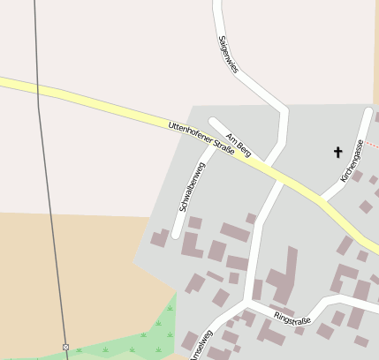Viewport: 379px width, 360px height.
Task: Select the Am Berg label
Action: [239, 144]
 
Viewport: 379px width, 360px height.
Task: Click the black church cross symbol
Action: [337, 152]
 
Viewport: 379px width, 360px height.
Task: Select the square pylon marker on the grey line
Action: [65, 347]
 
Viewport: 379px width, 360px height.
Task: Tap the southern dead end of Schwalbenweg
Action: [177, 235]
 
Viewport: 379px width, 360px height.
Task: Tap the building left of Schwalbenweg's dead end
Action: [160, 237]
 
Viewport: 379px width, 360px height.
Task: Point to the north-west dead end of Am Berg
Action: [213, 121]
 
